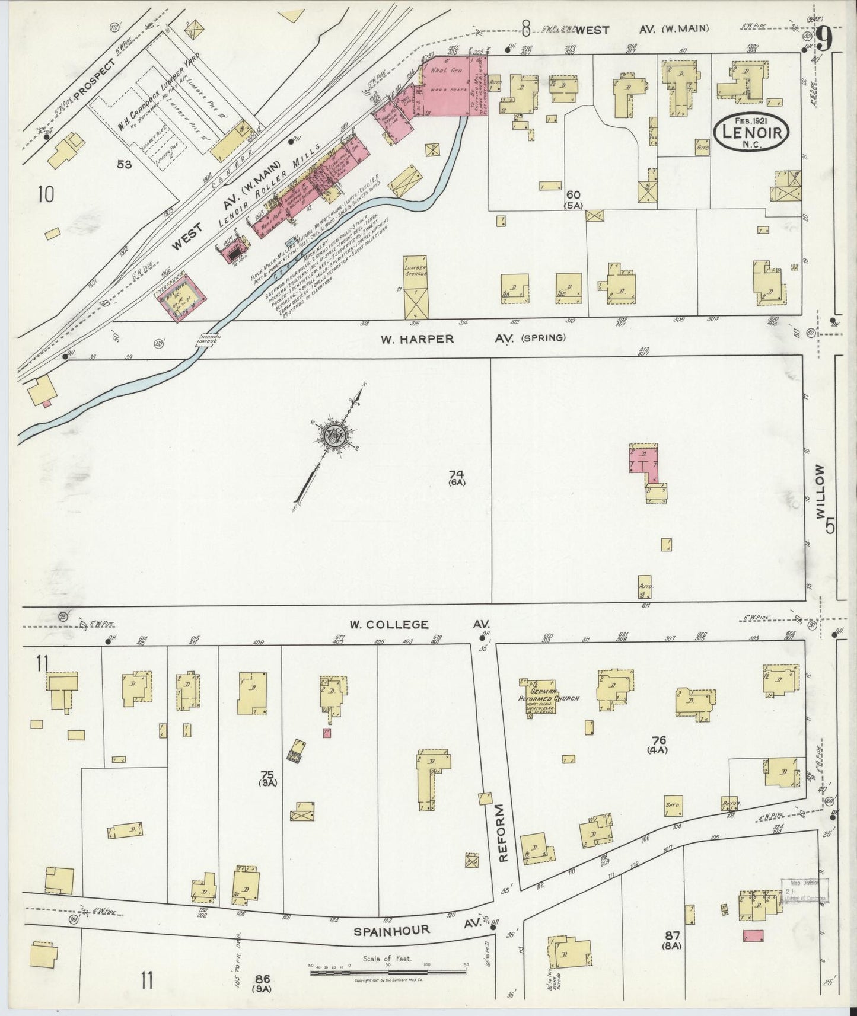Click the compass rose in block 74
[x=333, y=437]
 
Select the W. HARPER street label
[x=418, y=339]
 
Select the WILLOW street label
[x=821, y=492]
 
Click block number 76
[x=659, y=740]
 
